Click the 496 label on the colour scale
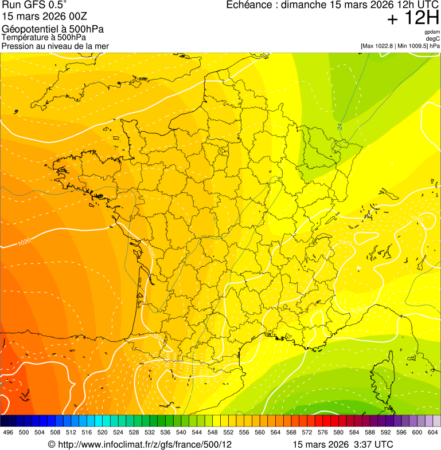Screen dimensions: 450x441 coord(8,432)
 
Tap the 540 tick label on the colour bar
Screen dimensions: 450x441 coord(181,432)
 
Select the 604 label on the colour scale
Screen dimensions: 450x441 coord(433,432)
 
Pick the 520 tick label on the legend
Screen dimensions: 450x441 coord(103,432)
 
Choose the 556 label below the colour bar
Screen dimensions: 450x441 coord(244,432)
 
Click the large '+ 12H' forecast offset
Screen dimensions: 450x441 coord(413,18)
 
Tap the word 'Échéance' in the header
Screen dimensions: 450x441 coord(247,5)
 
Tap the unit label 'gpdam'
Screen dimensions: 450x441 coord(432,32)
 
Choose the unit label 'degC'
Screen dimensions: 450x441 coord(433,39)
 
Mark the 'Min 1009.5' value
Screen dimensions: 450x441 coord(412,46)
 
